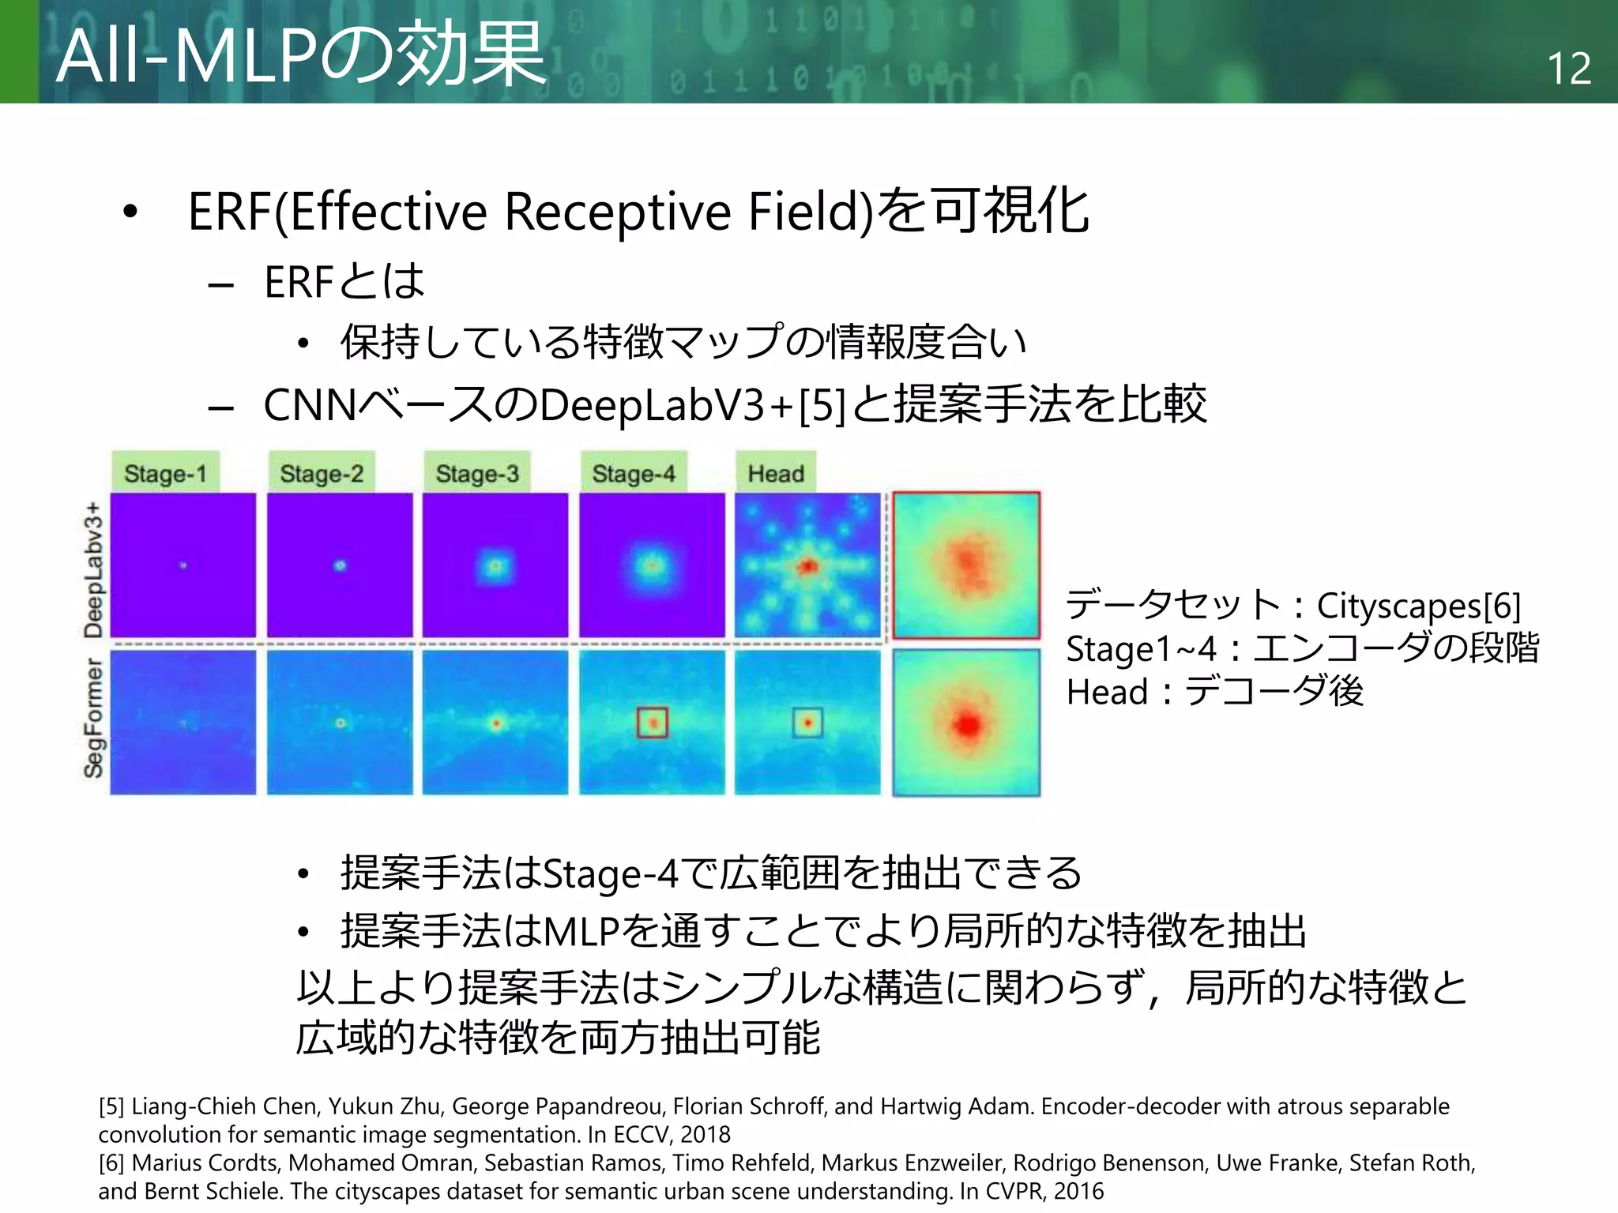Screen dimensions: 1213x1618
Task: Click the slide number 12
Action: click(1568, 68)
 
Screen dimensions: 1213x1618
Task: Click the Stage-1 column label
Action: click(165, 473)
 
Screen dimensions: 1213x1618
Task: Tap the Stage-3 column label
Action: click(477, 473)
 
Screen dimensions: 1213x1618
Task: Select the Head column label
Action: click(776, 473)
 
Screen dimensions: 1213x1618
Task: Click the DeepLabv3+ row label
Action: click(93, 569)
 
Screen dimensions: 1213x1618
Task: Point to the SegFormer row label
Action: click(93, 717)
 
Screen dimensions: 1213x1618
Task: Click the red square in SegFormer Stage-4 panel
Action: click(653, 722)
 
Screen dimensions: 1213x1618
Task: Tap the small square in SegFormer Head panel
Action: click(807, 722)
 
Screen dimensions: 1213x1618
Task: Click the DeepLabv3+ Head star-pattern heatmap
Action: click(807, 565)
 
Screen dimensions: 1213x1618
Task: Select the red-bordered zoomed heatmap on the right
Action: click(966, 565)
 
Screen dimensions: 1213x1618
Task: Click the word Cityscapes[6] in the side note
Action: click(1418, 606)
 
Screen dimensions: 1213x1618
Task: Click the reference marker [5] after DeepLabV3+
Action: click(822, 405)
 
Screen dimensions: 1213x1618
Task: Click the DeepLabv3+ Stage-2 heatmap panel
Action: click(340, 565)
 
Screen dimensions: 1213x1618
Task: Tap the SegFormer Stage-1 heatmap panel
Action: click(183, 722)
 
